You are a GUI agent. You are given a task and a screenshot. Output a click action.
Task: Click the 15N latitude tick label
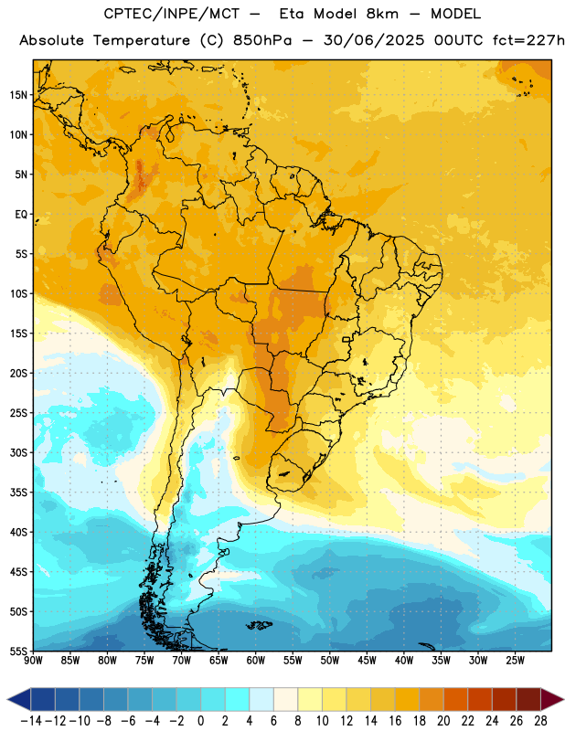(18, 95)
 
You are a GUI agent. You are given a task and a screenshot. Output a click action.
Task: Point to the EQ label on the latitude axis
(21, 215)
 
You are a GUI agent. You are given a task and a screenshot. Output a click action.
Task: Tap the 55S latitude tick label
(18, 652)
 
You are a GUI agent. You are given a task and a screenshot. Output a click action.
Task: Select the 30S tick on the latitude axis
(18, 452)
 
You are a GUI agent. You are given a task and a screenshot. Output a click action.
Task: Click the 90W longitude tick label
(33, 661)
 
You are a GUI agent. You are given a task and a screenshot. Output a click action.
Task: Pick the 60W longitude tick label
(256, 661)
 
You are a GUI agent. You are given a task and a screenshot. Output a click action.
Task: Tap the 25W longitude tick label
(516, 661)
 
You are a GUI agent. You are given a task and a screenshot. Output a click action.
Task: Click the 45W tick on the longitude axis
(368, 661)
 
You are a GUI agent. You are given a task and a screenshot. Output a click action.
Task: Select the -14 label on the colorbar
(31, 721)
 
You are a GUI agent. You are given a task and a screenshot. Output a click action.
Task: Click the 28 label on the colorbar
(540, 721)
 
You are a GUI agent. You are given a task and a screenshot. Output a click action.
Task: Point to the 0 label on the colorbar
(201, 721)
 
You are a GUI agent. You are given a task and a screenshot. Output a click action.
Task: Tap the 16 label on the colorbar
(395, 721)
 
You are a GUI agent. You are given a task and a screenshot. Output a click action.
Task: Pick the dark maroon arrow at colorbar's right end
(551, 699)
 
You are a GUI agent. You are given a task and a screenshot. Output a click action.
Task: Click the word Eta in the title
(292, 14)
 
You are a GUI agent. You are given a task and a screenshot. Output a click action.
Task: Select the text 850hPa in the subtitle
(262, 40)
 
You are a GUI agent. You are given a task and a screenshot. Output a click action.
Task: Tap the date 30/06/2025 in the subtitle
(374, 40)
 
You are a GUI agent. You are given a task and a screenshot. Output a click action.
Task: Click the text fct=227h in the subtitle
(528, 40)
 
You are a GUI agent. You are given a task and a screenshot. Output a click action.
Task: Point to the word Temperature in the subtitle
(142, 41)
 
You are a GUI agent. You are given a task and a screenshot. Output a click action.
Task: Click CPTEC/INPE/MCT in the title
(172, 14)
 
